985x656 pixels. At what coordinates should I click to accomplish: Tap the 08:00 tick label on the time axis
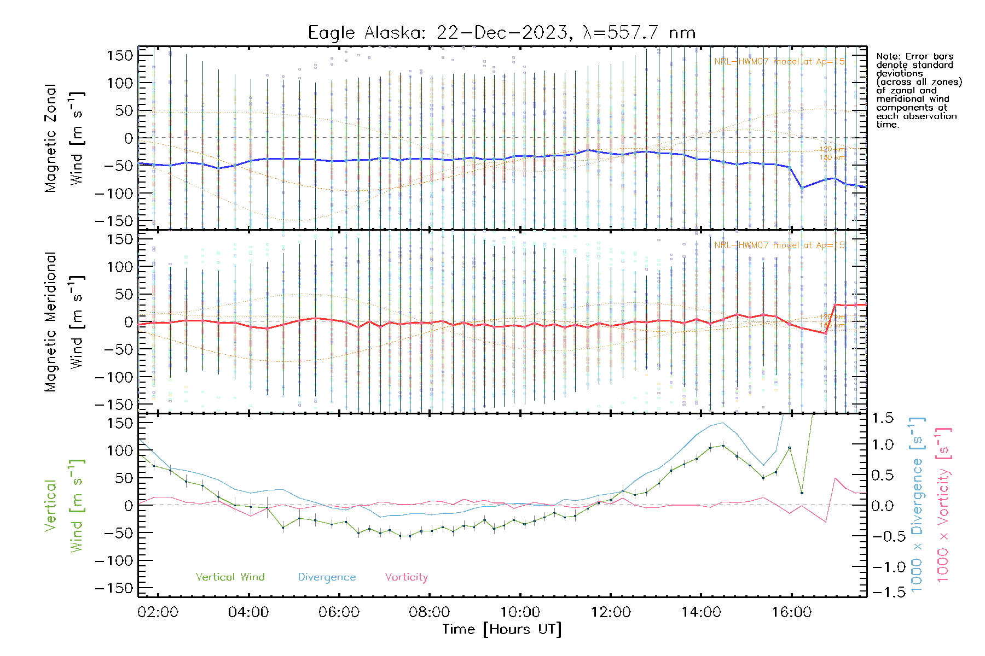pyautogui.click(x=429, y=612)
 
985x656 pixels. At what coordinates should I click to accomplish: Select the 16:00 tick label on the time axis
pyautogui.click(x=791, y=612)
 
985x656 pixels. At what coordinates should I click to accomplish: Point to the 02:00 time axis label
pyautogui.click(x=158, y=612)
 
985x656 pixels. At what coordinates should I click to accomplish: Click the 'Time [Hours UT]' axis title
pyautogui.click(x=502, y=629)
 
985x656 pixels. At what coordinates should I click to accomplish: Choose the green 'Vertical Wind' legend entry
pyautogui.click(x=230, y=577)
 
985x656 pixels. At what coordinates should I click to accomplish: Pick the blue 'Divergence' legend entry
pyautogui.click(x=327, y=577)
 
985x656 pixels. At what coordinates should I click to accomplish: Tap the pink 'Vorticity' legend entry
pyautogui.click(x=406, y=577)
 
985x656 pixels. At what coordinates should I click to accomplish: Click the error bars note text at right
pyautogui.click(x=918, y=90)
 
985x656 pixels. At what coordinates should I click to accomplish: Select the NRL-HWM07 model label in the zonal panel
pyautogui.click(x=779, y=61)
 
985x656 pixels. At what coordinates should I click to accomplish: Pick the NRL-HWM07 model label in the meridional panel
pyautogui.click(x=779, y=245)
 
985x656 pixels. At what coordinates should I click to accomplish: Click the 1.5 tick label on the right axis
pyautogui.click(x=882, y=418)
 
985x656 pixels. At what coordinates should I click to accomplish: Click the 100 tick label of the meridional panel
pyautogui.click(x=120, y=267)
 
